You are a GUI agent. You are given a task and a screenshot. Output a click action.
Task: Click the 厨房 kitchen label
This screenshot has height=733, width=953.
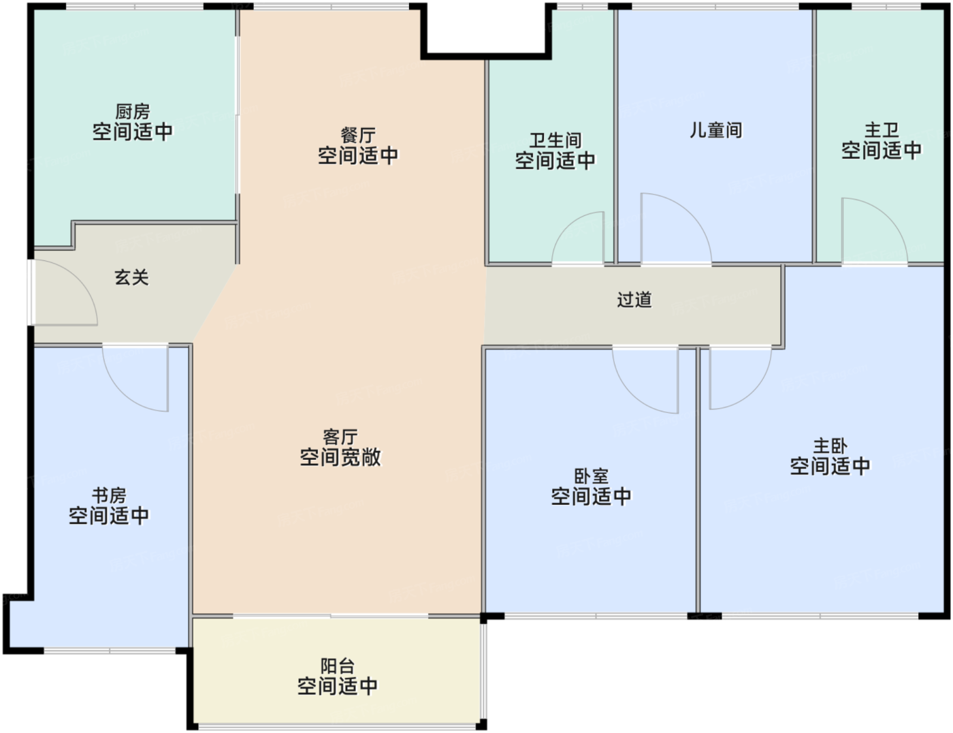[133, 112]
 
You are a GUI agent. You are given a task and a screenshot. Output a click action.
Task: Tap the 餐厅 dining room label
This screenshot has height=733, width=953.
[358, 136]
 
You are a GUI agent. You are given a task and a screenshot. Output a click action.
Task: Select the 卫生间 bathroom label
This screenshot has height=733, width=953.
[555, 141]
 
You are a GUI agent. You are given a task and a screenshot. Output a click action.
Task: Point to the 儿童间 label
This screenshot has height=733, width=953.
[715, 130]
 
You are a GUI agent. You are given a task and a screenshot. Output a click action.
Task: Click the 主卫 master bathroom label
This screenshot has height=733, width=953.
[882, 130]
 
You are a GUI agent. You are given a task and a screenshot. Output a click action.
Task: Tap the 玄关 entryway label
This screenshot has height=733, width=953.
[131, 277]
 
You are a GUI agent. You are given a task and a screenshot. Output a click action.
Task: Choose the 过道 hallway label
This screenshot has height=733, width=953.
[634, 300]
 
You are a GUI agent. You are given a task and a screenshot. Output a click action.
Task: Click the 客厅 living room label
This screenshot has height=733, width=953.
[340, 437]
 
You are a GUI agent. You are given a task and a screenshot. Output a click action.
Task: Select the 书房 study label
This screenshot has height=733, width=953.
[109, 495]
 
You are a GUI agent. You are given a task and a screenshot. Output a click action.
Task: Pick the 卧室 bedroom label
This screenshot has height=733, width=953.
[591, 477]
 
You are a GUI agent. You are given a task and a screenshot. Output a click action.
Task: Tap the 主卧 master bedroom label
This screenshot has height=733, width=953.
[830, 446]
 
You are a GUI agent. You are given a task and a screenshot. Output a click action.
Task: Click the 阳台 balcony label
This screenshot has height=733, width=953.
[337, 666]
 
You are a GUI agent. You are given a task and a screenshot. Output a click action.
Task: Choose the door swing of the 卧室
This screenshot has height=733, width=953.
[632, 394]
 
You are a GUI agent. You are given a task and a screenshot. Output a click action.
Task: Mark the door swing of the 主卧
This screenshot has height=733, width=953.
[753, 390]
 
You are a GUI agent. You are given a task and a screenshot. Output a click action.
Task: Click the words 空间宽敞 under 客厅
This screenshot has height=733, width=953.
[340, 457]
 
